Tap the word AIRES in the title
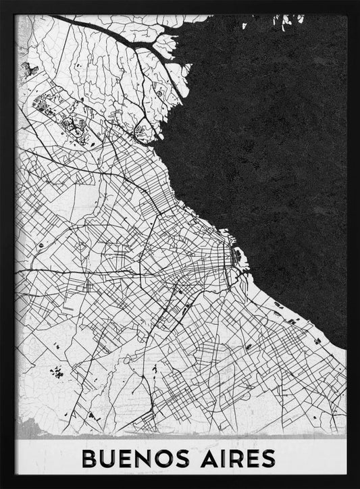pos(235,458)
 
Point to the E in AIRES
pos(250,458)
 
